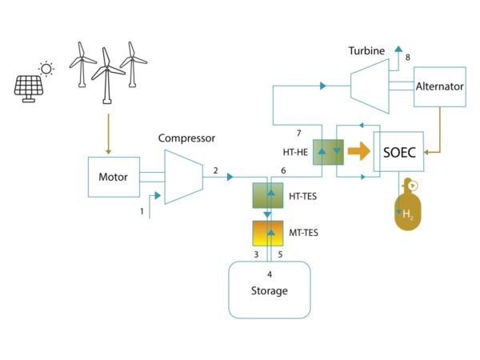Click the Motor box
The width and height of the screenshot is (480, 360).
tap(114, 177)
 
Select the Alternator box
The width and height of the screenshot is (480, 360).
tap(440, 86)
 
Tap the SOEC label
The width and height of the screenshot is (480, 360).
tap(399, 153)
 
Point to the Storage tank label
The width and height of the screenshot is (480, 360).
tap(270, 290)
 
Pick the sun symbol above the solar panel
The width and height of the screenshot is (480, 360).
tap(46, 69)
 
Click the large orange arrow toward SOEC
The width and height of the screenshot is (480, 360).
tap(358, 151)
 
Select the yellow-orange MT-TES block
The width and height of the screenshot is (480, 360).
tap(267, 234)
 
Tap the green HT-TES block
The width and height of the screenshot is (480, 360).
tap(267, 195)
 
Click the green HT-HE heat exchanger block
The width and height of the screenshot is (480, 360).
tap(328, 152)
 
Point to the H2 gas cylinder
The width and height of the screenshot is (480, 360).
tap(408, 205)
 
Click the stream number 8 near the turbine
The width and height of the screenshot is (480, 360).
tap(407, 58)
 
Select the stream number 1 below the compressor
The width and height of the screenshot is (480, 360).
tap(142, 211)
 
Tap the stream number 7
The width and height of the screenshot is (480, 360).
tap(298, 133)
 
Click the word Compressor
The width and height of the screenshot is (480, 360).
tap(186, 138)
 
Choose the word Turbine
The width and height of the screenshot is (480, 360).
tap(366, 51)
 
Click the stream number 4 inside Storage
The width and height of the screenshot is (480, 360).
tap(270, 274)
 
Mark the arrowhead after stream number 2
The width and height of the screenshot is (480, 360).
tap(230, 177)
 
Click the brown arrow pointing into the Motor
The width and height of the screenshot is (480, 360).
tap(108, 134)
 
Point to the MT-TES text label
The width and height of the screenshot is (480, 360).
tap(303, 233)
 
